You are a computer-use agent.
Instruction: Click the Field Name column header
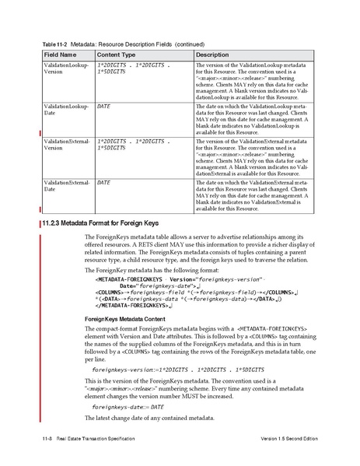[x=59, y=55]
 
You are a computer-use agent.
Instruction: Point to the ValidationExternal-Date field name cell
[x=63, y=185]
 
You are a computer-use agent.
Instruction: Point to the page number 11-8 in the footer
[x=46, y=443]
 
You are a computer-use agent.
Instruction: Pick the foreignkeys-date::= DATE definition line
[x=128, y=428]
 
